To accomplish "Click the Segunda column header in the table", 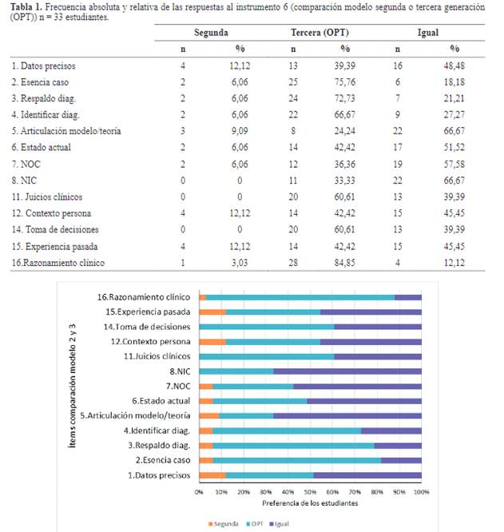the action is [211, 33].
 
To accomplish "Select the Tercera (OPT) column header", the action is [319, 33].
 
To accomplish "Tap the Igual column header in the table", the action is [427, 33].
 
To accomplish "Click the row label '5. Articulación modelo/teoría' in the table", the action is [66, 131].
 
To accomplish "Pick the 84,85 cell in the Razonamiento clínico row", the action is [344, 263].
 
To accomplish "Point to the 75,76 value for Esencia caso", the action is [344, 82].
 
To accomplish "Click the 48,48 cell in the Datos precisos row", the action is [454, 66].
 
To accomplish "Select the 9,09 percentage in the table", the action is [240, 131].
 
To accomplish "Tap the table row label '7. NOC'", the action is [26, 165].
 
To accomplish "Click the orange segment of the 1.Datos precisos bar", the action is [212, 475].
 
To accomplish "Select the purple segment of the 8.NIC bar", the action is [347, 371].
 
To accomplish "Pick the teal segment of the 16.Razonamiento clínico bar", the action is [300, 298].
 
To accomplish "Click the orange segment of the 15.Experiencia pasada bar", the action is [212, 312].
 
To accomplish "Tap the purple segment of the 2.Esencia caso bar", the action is [401, 460].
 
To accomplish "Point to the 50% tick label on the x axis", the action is [310, 491].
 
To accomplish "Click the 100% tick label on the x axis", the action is [421, 491].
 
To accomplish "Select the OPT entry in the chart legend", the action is [255, 524].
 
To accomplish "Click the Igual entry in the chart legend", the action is [279, 524].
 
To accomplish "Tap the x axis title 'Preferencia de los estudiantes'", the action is [310, 503].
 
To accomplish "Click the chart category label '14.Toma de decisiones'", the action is [147, 327].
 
